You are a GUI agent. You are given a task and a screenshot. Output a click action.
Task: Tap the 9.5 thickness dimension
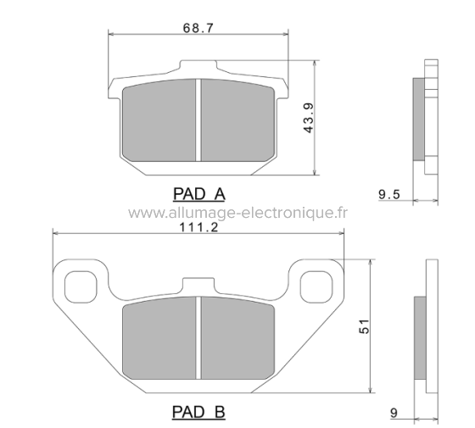pos(390,194)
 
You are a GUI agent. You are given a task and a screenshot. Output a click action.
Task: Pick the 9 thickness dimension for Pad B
pos(394,413)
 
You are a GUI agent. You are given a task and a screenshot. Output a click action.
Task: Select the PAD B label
pos(198,413)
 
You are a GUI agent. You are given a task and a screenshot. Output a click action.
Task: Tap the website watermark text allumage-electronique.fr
pos(237,212)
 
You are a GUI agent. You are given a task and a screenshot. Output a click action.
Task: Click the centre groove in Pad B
pos(198,341)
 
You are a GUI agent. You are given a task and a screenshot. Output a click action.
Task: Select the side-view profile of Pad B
pos(423,339)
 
